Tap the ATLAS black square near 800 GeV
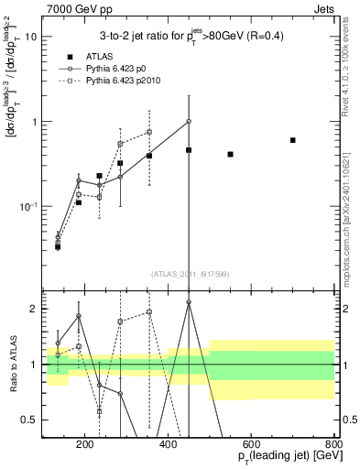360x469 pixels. [x=292, y=140]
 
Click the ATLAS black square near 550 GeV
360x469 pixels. [x=230, y=154]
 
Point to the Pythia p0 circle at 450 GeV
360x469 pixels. [x=189, y=121]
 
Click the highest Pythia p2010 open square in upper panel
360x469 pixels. [x=149, y=132]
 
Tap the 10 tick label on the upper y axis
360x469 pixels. [x=32, y=37]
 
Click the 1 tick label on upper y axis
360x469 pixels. [x=35, y=122]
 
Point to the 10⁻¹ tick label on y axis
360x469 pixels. [x=28, y=206]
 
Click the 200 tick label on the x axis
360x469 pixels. [x=85, y=444]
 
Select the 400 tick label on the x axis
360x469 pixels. [x=168, y=444]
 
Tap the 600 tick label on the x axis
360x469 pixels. [x=251, y=444]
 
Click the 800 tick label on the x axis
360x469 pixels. [x=333, y=444]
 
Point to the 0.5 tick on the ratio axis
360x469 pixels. [x=32, y=420]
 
